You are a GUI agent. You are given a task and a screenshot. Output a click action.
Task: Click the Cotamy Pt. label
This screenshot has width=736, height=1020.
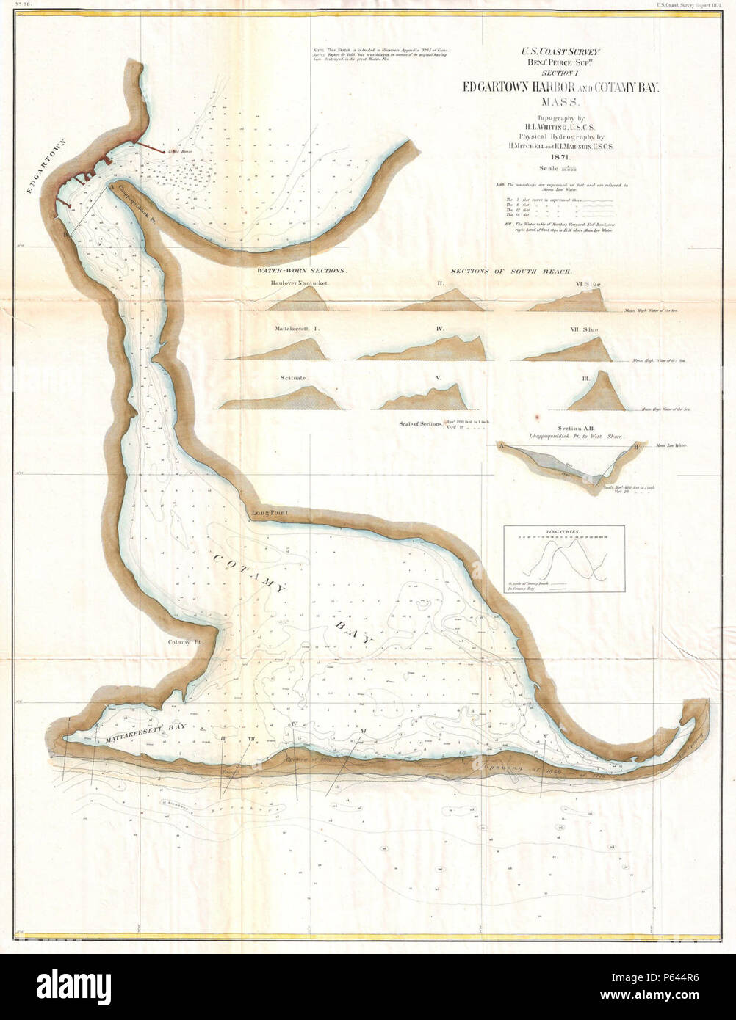[x=184, y=642]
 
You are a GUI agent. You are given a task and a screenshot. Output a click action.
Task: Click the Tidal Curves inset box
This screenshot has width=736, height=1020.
[x=564, y=558]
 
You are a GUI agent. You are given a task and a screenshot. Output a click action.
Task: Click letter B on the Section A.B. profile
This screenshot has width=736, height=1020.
[x=636, y=445]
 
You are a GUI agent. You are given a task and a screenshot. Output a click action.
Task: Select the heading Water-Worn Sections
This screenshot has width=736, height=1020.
[x=303, y=271]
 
